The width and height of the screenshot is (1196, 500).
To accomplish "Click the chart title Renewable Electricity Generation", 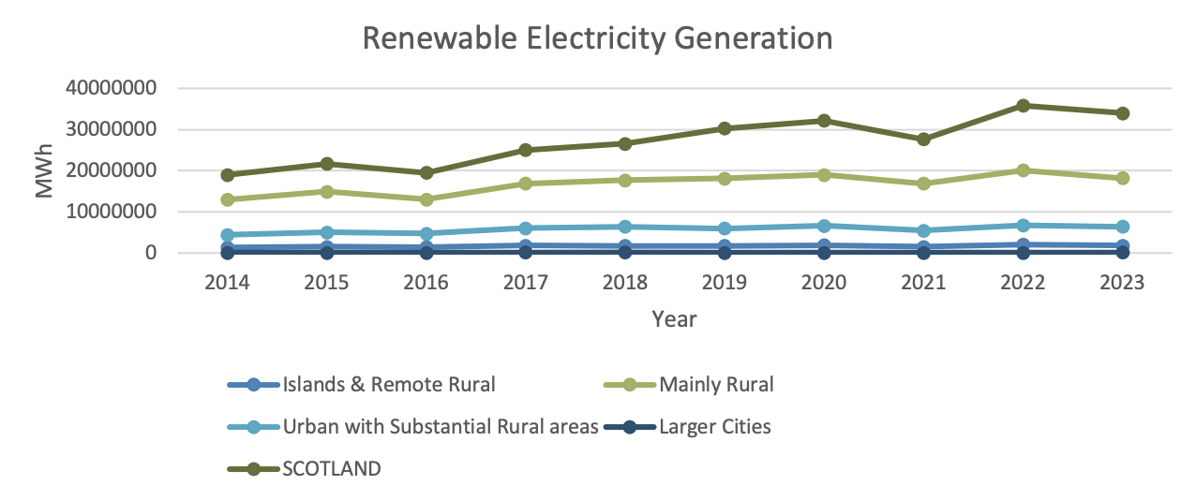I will click(597, 38).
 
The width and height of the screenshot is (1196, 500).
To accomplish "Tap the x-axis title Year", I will click(674, 318).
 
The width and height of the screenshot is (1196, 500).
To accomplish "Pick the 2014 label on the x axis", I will click(227, 283).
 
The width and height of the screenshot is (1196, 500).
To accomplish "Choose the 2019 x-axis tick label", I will click(725, 283).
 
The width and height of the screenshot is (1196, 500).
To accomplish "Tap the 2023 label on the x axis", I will click(1123, 283).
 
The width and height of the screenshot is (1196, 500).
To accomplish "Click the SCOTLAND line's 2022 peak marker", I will click(1024, 106).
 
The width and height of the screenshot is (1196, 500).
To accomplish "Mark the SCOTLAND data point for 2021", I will click(924, 140).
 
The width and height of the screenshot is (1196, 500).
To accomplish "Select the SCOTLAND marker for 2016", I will click(426, 173).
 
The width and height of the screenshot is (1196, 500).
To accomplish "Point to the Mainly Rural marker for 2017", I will click(526, 184).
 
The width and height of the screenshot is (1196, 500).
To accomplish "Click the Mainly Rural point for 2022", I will click(1024, 170).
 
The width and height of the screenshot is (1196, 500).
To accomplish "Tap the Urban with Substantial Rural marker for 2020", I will click(825, 226).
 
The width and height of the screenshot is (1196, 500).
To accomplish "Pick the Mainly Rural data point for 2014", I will click(227, 199).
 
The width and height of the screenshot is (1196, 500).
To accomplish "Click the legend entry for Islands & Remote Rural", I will click(388, 384).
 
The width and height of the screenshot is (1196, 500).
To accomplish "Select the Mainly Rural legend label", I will click(717, 384).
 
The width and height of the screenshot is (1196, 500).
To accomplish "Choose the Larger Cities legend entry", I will click(715, 427).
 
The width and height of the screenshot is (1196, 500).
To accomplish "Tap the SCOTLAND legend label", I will click(332, 469).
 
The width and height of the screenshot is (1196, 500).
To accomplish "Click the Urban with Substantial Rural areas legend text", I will click(440, 427).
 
